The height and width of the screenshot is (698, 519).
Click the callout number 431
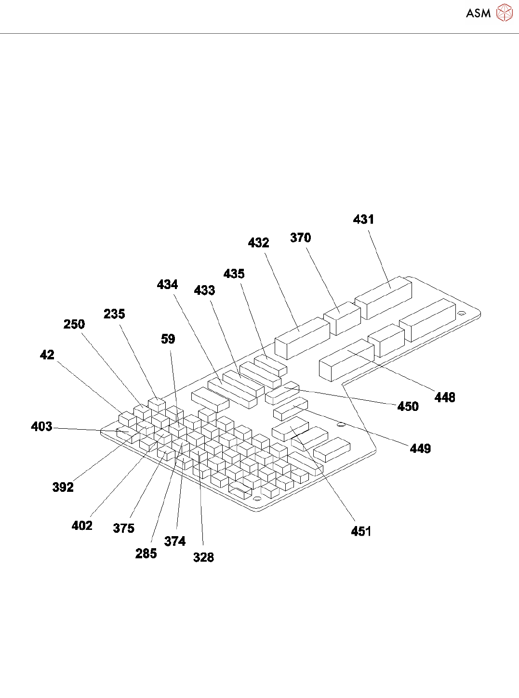pos(363,220)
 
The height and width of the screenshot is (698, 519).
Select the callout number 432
pos(258,243)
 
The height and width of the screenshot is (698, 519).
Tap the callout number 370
pos(300,238)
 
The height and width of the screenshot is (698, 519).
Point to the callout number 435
pos(234,274)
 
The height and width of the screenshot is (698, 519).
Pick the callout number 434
pos(167,285)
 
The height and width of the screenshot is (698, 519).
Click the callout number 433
pos(204,290)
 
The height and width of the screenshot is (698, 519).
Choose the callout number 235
pos(114,314)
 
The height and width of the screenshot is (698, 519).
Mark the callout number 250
pos(74,325)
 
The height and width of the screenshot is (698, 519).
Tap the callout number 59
pos(168,339)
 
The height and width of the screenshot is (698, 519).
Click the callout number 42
pos(47,355)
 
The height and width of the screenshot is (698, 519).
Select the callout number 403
pos(41,427)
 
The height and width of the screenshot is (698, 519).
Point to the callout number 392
pos(63,487)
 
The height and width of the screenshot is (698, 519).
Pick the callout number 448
pos(444,397)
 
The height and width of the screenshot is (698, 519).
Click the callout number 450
pos(408,407)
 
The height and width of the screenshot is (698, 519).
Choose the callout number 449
pos(420,449)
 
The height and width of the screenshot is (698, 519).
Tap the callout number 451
pos(361,531)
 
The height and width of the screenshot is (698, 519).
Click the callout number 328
pos(203,557)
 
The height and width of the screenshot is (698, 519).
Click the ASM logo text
pos(478,13)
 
